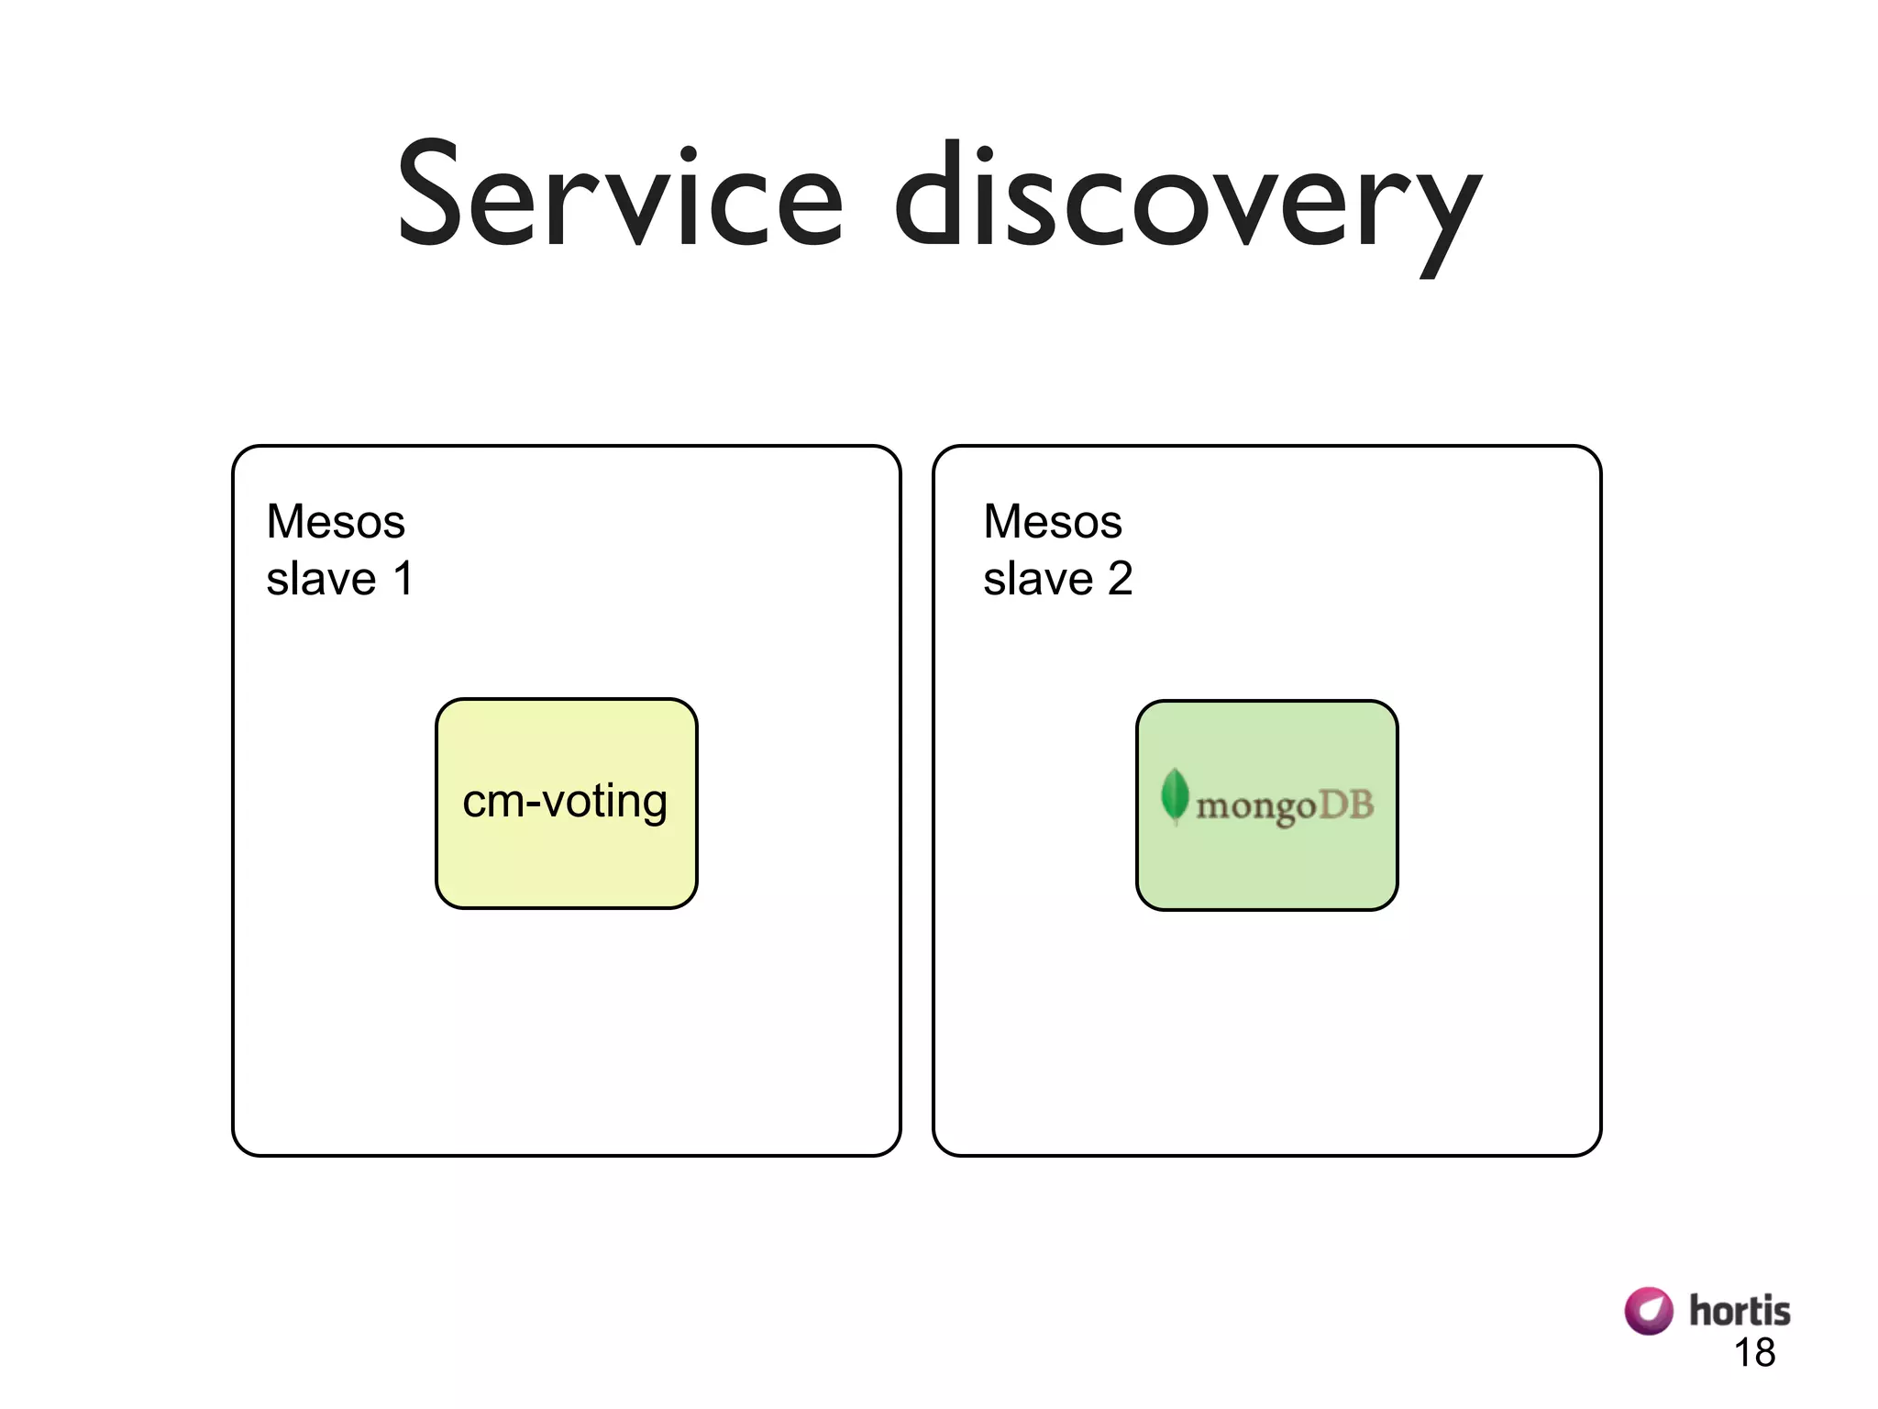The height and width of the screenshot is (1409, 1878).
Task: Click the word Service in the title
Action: [x=620, y=195]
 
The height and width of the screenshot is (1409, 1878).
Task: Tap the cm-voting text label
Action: [x=565, y=802]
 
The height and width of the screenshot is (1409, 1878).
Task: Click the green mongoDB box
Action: [x=1266, y=871]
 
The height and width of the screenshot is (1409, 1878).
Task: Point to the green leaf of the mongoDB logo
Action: [x=1174, y=794]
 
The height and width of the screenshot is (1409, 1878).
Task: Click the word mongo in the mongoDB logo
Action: [x=1255, y=807]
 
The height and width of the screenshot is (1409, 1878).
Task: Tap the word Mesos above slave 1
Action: [x=336, y=522]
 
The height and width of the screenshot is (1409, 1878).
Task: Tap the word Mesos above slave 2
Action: [x=1053, y=522]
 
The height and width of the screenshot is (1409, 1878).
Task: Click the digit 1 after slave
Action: [x=403, y=579]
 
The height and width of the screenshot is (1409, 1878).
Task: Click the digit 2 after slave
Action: [x=1120, y=579]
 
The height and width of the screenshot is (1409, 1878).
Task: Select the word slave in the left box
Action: [x=321, y=579]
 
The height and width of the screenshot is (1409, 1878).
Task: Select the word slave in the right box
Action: [x=1038, y=579]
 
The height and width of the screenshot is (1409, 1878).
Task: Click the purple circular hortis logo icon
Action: [x=1648, y=1310]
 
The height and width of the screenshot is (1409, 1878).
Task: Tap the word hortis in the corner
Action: [x=1739, y=1311]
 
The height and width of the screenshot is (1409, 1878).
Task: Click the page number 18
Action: [x=1754, y=1353]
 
